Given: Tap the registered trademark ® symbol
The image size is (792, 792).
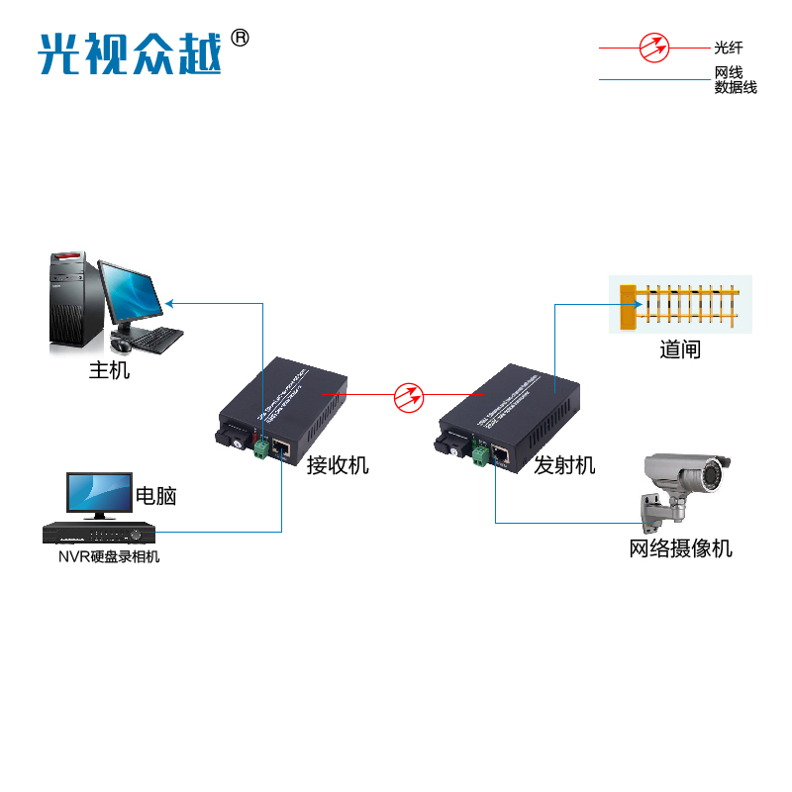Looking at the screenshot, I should [x=240, y=38].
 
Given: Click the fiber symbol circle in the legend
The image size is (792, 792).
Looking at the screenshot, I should [x=653, y=47].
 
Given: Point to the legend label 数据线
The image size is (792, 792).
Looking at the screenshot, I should [x=736, y=87].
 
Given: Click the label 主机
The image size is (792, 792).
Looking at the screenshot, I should [x=109, y=371].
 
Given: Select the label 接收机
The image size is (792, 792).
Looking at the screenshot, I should [x=338, y=464].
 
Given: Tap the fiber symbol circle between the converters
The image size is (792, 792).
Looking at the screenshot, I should [x=409, y=397].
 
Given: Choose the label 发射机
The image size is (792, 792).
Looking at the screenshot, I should [x=564, y=464].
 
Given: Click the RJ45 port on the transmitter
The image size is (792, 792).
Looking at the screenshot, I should [x=501, y=454].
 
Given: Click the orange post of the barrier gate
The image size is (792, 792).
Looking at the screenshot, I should [x=627, y=307].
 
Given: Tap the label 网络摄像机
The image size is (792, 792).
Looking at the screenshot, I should [x=681, y=547].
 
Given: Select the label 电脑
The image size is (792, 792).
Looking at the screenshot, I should [x=155, y=496].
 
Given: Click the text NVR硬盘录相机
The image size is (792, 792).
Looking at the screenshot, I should [x=108, y=556].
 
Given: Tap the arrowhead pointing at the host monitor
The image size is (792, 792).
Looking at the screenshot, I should [x=169, y=302].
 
